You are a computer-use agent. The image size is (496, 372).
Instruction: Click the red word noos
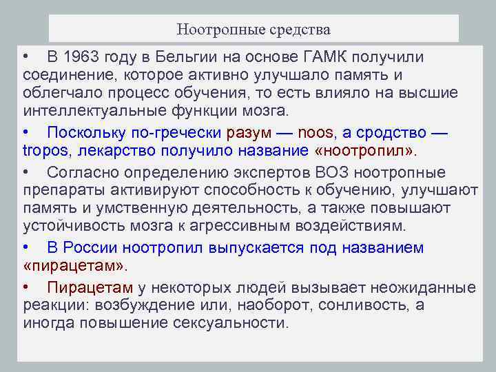pyautogui.click(x=297, y=132)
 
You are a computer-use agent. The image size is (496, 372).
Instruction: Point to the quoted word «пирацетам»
pyautogui.click(x=75, y=266)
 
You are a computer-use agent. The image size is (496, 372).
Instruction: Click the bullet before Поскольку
pyautogui.click(x=25, y=132)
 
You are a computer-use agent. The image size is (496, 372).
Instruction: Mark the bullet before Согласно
pyautogui.click(x=25, y=172)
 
